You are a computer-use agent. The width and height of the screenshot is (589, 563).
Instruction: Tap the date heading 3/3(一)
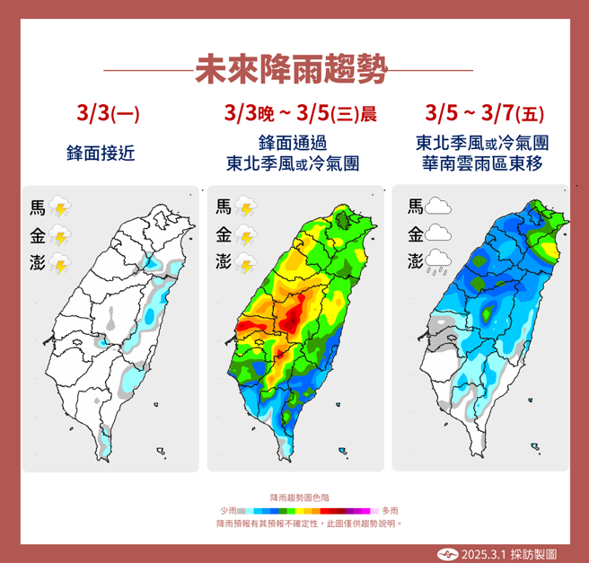tap(109, 114)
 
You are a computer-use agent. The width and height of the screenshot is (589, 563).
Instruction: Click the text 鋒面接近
tap(101, 153)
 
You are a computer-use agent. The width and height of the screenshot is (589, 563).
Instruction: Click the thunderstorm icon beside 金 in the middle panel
tap(247, 236)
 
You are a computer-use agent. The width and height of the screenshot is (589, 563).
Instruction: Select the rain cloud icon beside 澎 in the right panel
tap(438, 262)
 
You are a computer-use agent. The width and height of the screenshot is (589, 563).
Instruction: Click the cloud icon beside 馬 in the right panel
tap(438, 207)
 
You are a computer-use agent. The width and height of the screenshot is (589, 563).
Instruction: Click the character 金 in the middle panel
tap(223, 235)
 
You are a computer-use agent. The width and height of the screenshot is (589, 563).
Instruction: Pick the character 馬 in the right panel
tap(415, 207)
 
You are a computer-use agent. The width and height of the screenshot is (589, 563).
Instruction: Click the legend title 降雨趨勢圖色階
tap(294, 497)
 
